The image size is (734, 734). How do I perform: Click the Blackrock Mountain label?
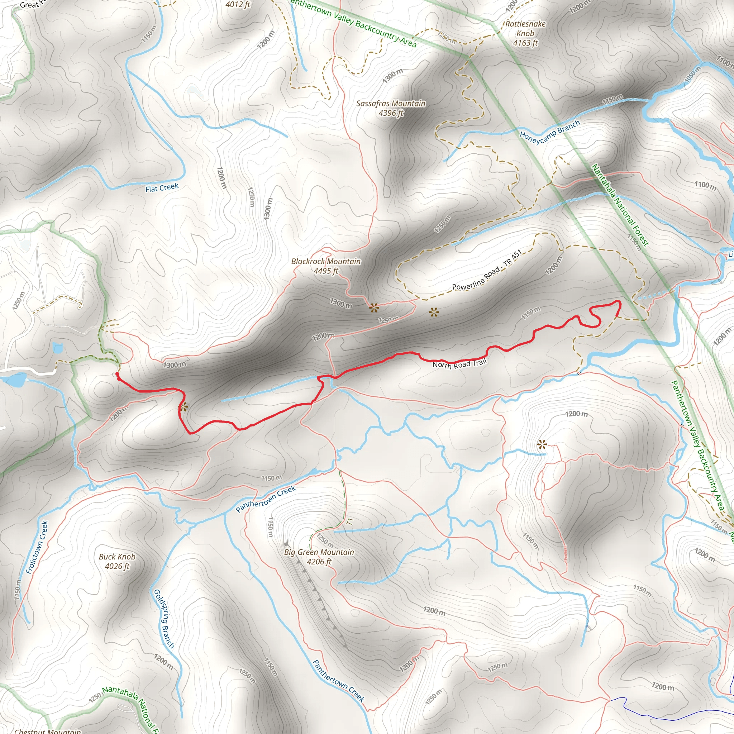coord(325,261)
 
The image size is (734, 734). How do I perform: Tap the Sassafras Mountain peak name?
coord(391,103)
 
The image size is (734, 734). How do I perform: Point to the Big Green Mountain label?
coord(319,552)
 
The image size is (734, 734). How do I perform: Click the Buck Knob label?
coord(117,557)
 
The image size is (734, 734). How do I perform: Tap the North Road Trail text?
coord(459,363)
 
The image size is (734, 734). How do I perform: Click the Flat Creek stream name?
coord(162,188)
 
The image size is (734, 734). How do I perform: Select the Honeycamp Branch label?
coord(550,132)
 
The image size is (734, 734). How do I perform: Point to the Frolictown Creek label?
coord(37,547)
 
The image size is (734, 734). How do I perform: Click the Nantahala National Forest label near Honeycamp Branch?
coord(620,205)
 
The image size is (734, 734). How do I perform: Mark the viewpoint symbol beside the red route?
coord(183,407)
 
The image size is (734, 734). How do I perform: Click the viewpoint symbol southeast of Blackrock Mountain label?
coord(374,308)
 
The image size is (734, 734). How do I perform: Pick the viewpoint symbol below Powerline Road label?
coord(434,313)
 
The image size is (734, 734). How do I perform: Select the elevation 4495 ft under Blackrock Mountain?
coord(325,271)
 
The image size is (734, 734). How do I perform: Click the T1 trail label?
coord(350,521)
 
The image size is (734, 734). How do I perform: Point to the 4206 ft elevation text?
coord(319,562)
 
